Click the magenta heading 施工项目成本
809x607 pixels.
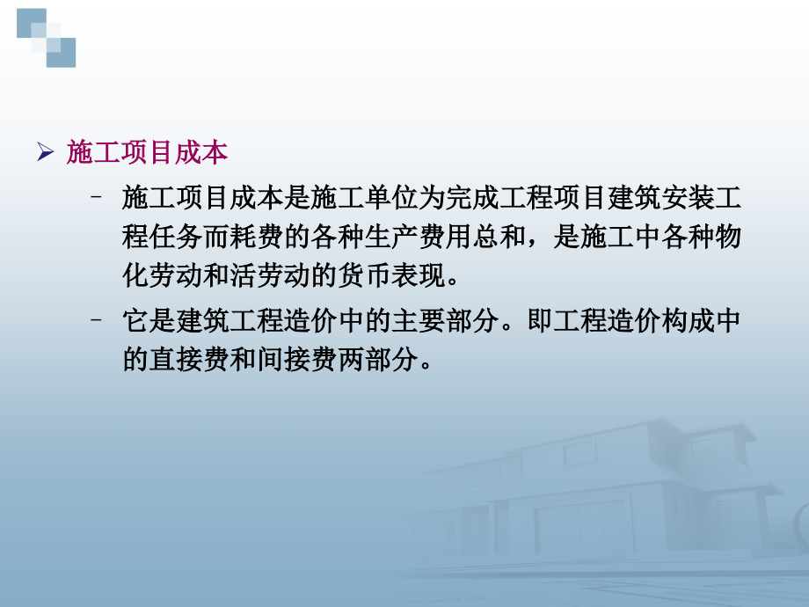click(x=147, y=153)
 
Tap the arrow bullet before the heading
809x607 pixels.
click(x=46, y=153)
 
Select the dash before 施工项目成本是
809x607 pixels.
click(x=98, y=198)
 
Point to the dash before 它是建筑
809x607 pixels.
click(x=98, y=321)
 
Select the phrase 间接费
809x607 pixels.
click(x=293, y=362)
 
